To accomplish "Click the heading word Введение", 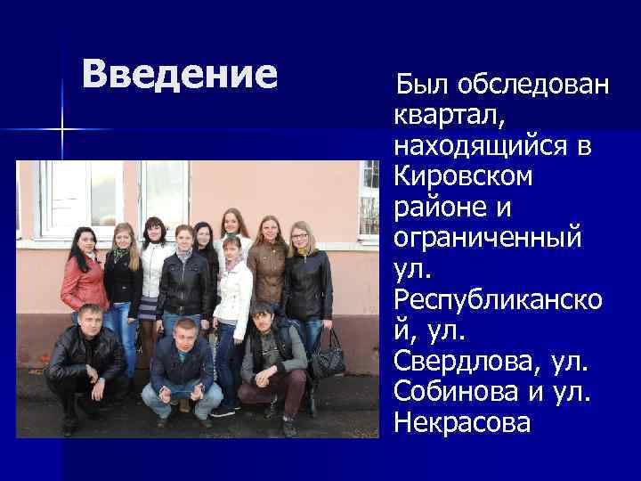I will (180, 74).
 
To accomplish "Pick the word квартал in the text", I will (448, 115).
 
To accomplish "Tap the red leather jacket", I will (84, 284).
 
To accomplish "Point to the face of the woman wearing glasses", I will (300, 239).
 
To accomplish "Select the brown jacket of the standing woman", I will (266, 272).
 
